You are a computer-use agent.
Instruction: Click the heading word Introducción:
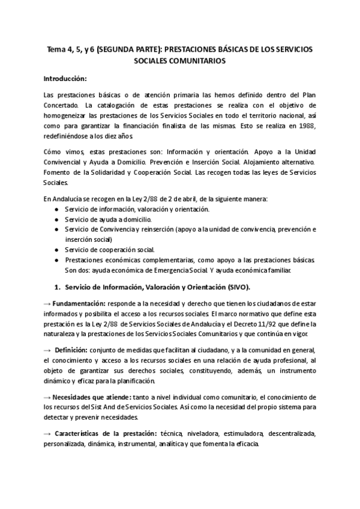pos(65,79)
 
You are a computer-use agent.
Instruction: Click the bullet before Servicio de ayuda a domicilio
pos(56,220)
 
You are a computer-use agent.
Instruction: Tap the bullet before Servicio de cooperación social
pos(56,249)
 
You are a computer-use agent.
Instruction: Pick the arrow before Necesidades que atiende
pos(48,397)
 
